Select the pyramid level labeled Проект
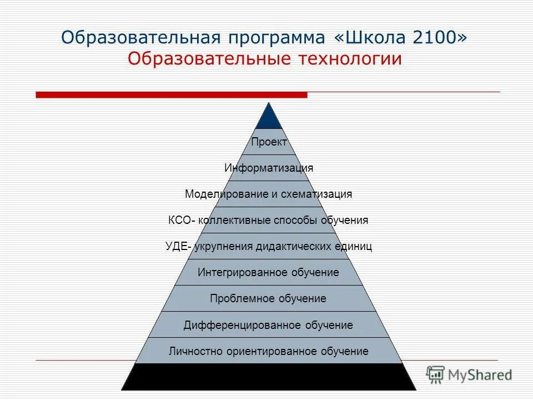(x=269, y=142)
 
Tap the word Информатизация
(x=269, y=168)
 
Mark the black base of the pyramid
(x=269, y=377)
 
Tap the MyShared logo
(x=470, y=375)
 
